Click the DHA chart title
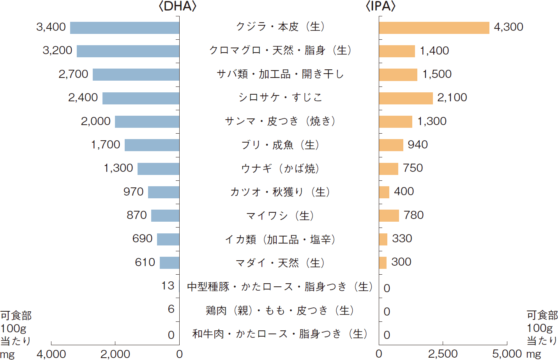(x=178, y=6)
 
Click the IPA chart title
(x=381, y=6)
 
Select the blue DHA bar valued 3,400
(x=125, y=28)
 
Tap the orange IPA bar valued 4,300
(x=434, y=28)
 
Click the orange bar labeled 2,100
(x=406, y=98)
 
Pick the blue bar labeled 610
(x=170, y=263)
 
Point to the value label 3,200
(x=57, y=51)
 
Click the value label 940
(x=418, y=145)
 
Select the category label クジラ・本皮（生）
(x=280, y=26)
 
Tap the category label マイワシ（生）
(x=280, y=216)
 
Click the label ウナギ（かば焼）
(x=280, y=168)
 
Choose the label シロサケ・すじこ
(x=280, y=97)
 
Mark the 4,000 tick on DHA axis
(x=51, y=354)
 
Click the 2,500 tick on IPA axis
(x=443, y=354)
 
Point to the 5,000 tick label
(x=507, y=354)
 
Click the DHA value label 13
(x=168, y=286)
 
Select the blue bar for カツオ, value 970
(x=164, y=192)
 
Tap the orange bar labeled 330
(x=383, y=239)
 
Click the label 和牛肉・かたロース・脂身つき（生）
(x=280, y=334)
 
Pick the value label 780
(x=413, y=215)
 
